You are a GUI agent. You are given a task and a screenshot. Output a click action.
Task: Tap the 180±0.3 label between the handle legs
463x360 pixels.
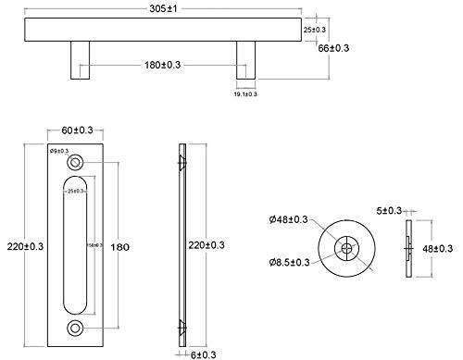pyautogui.click(x=163, y=65)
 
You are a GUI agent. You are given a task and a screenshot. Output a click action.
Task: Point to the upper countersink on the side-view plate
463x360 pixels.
pyautogui.click(x=180, y=162)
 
